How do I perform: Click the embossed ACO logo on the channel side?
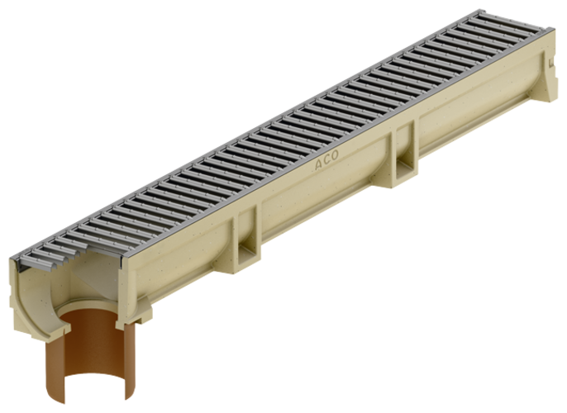coord(327,164)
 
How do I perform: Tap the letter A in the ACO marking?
coord(319,168)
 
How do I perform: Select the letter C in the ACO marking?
coord(327,164)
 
